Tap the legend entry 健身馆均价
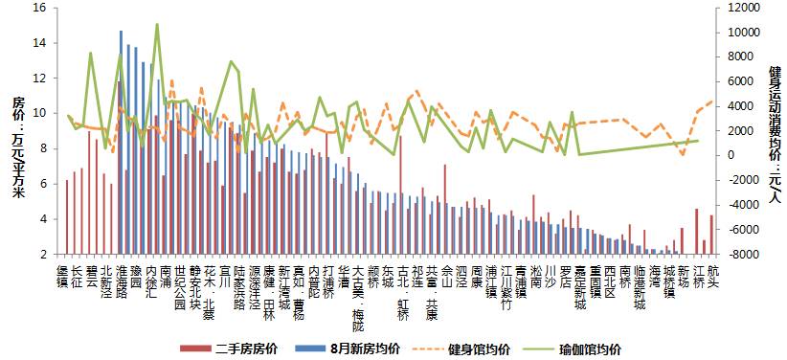coord(479,349)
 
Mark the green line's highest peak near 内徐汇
coord(157,24)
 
